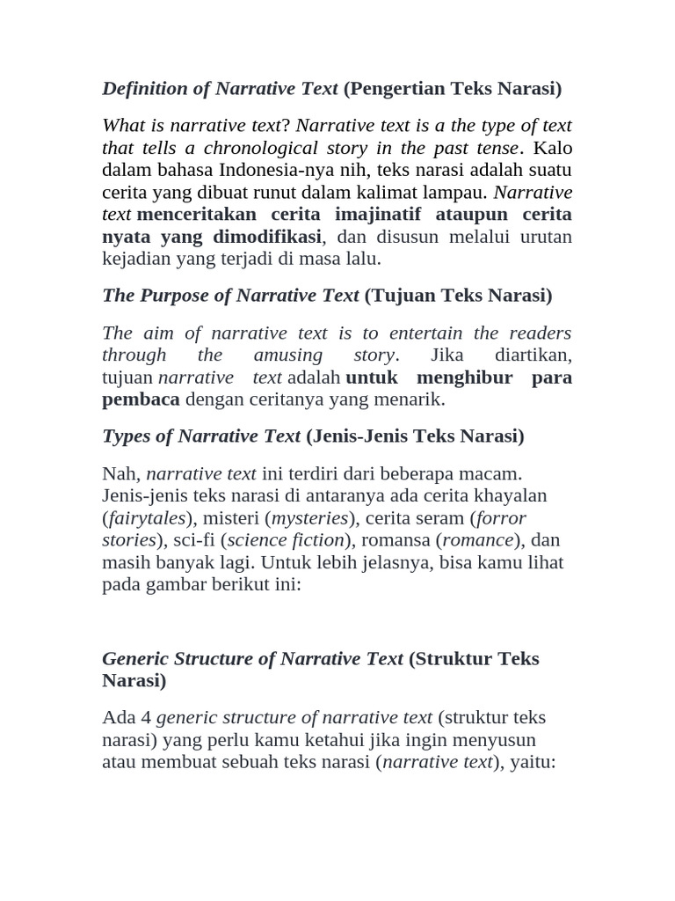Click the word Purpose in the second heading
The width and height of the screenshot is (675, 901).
172,295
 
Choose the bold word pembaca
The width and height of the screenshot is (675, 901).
141,399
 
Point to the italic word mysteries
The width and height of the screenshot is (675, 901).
309,517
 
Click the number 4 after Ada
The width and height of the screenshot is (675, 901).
146,717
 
